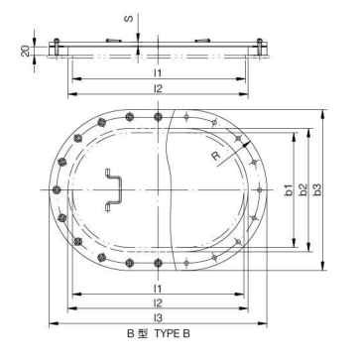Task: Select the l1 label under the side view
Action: pos(156,72)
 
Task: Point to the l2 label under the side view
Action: pos(156,89)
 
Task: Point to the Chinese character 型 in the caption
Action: pos(143,335)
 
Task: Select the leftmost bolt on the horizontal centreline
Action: pos(56,188)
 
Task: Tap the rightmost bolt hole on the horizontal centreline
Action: pos(261,188)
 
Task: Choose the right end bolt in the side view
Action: pos(261,45)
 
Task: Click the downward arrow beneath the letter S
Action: pos(136,38)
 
